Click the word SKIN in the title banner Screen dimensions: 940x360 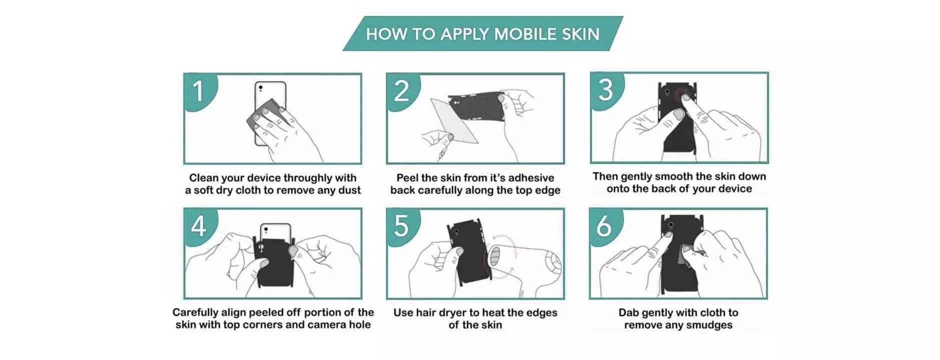pyautogui.click(x=580, y=34)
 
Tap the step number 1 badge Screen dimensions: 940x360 pyautogui.click(x=199, y=90)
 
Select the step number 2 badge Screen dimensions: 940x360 pyautogui.click(x=401, y=90)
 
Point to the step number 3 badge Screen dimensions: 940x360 pyautogui.click(x=605, y=89)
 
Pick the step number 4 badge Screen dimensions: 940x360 pyautogui.click(x=199, y=225)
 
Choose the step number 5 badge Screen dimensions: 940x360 pyautogui.click(x=401, y=225)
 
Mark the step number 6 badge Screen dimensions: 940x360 pyautogui.click(x=604, y=225)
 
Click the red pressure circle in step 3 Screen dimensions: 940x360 pyautogui.click(x=682, y=95)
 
